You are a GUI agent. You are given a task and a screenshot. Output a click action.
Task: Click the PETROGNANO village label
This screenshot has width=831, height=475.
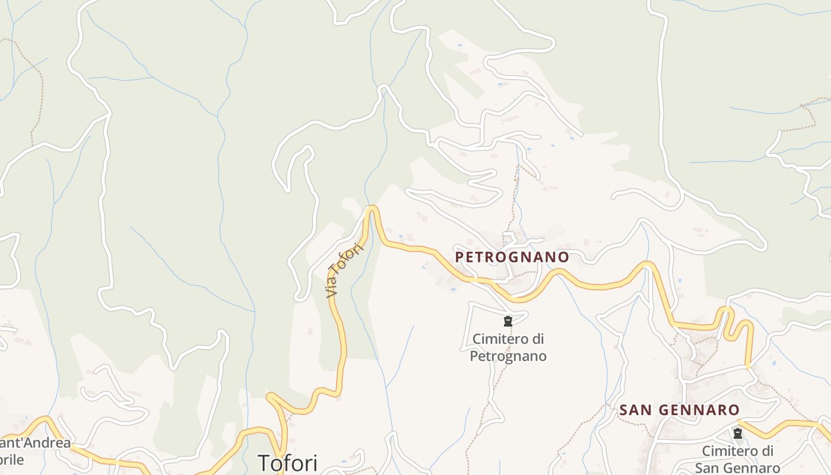click(x=512, y=256)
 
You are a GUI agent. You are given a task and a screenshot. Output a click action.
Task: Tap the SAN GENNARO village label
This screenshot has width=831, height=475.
click(x=680, y=410)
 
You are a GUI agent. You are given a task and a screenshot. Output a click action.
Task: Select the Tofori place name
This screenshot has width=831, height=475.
click(x=288, y=463)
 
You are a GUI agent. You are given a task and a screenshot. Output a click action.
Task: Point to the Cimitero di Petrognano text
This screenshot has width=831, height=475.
click(x=508, y=347)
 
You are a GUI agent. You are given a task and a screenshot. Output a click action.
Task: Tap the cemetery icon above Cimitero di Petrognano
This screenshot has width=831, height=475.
click(x=508, y=321)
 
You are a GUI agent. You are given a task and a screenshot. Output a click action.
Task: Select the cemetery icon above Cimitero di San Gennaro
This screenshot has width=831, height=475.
click(x=738, y=433)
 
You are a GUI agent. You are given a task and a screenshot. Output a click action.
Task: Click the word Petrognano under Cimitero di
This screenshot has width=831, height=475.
click(x=508, y=356)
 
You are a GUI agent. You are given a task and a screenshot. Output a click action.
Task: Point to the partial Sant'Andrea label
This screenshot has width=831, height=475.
click(x=36, y=443)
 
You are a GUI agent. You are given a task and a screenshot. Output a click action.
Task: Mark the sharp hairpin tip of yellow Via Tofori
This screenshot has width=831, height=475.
click(x=372, y=208)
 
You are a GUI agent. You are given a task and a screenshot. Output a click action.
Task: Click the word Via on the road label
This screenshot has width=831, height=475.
click(x=332, y=289)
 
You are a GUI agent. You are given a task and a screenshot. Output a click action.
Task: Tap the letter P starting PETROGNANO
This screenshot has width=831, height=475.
click(x=459, y=256)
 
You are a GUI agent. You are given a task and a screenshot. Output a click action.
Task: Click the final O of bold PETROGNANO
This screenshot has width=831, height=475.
click(x=564, y=256)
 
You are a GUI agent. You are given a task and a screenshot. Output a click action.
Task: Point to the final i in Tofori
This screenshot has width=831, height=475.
click(x=315, y=463)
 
